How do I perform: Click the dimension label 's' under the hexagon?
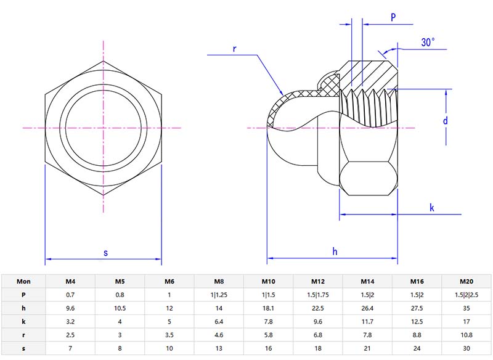(x=105, y=253)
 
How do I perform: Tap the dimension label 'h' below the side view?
(x=335, y=251)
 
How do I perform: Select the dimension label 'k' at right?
(x=432, y=208)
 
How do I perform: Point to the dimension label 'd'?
(x=445, y=121)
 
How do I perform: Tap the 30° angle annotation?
(x=428, y=43)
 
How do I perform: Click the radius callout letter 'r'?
(x=235, y=48)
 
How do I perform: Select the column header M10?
(x=268, y=281)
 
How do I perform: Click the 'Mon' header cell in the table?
(x=23, y=281)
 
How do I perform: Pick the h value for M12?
(x=318, y=308)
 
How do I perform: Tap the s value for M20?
(x=467, y=348)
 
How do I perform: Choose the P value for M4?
(x=70, y=295)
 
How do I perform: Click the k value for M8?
(x=219, y=322)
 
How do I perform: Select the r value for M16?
(x=417, y=335)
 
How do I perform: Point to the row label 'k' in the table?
(x=23, y=322)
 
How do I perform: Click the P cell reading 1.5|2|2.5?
(x=467, y=295)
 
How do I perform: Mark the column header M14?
(x=367, y=281)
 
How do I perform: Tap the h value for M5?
(x=120, y=308)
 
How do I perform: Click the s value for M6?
(x=169, y=348)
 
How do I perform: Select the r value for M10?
(x=268, y=335)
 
